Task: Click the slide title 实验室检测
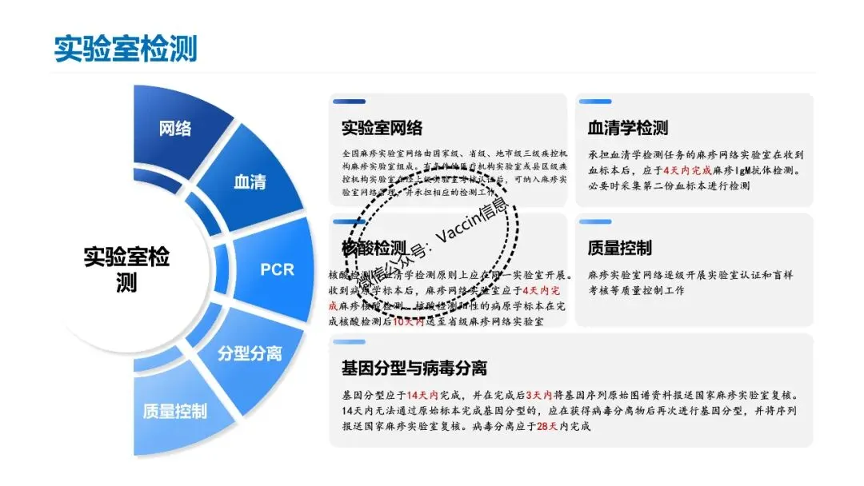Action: (x=125, y=47)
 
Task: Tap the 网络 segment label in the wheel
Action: (x=175, y=128)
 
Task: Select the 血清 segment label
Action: (x=250, y=181)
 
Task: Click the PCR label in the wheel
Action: (x=278, y=269)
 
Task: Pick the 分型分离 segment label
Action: (x=250, y=353)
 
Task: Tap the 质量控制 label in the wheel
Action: (x=174, y=411)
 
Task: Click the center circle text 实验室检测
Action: (x=126, y=269)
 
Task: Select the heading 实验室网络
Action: (x=382, y=128)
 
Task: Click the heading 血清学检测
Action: (x=627, y=128)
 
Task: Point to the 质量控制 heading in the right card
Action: (x=619, y=248)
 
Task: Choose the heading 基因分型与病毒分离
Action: (x=414, y=368)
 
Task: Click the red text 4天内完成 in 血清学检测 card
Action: (x=680, y=170)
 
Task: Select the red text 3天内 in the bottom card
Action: (x=535, y=395)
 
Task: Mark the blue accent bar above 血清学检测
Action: (x=594, y=102)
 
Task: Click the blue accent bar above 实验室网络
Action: (x=349, y=102)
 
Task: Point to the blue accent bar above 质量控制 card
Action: (x=594, y=221)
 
